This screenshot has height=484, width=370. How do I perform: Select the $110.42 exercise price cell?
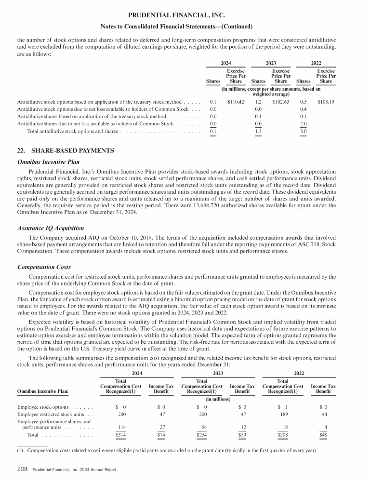pyautogui.click(x=236, y=102)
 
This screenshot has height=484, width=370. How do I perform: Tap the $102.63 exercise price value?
pyautogui.click(x=281, y=102)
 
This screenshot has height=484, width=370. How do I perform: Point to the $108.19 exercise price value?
pyautogui.click(x=326, y=102)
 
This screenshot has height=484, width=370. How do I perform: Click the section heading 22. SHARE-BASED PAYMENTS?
pyautogui.click(x=66, y=151)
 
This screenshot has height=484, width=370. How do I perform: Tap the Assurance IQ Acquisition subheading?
pyautogui.click(x=51, y=228)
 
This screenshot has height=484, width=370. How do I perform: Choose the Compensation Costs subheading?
pyautogui.click(x=44, y=267)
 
